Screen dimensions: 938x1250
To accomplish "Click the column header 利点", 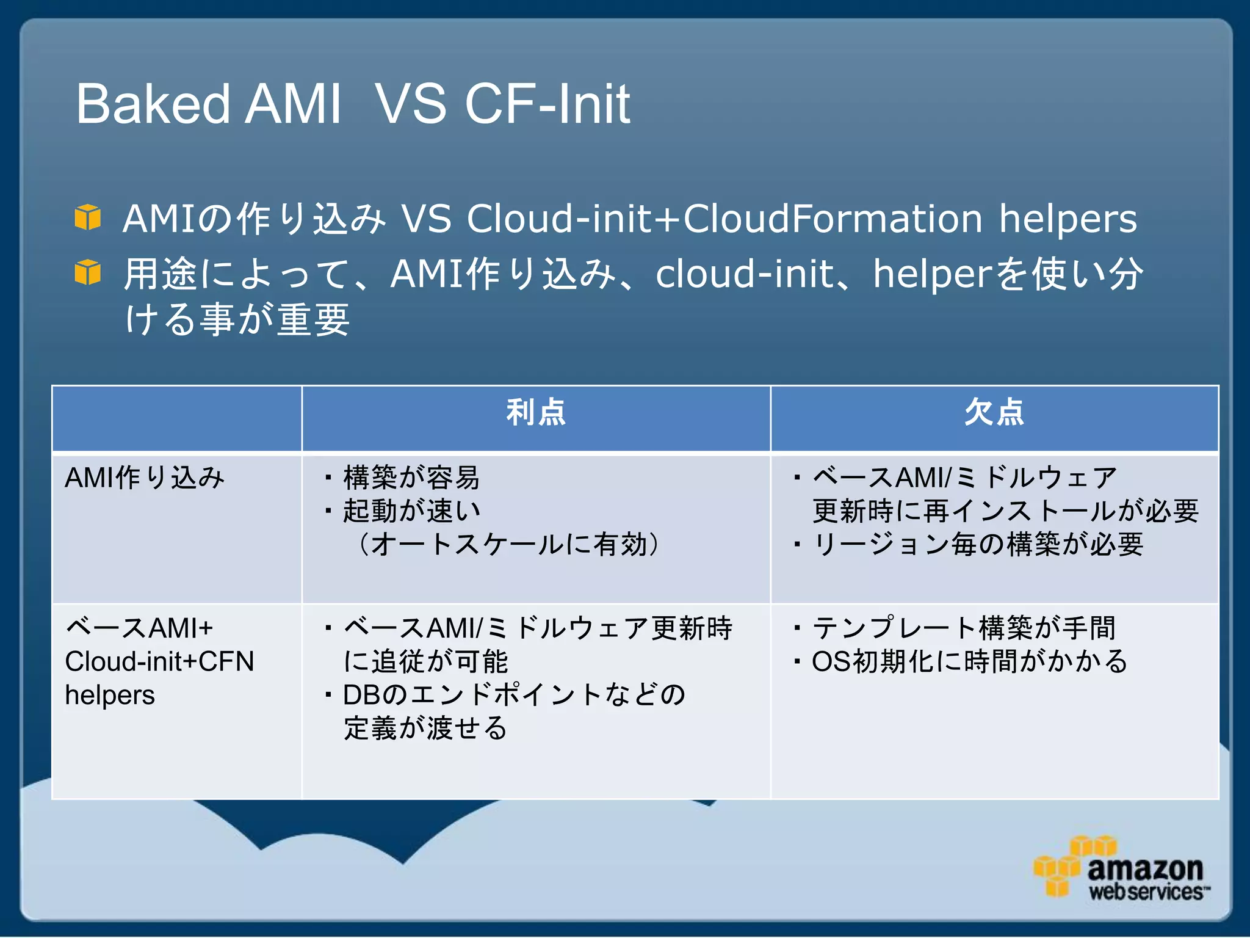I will pyautogui.click(x=536, y=412).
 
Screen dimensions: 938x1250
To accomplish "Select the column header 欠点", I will pyautogui.click(x=994, y=412).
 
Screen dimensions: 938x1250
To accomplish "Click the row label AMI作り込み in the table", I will pyautogui.click(x=145, y=478).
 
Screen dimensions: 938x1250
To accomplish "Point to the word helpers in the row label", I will pyautogui.click(x=110, y=695).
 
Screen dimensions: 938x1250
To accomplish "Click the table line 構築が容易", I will pyautogui.click(x=411, y=478).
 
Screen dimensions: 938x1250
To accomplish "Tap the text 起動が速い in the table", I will pyautogui.click(x=411, y=511).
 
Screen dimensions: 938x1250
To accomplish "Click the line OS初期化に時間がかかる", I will pyautogui.click(x=969, y=661).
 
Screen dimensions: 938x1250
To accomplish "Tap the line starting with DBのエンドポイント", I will pyautogui.click(x=514, y=695).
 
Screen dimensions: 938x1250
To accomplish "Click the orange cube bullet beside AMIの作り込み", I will pyautogui.click(x=87, y=217).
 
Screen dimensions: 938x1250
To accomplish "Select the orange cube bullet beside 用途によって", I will pyautogui.click(x=87, y=272).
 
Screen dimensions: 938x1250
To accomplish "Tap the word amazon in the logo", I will pyautogui.click(x=1145, y=868).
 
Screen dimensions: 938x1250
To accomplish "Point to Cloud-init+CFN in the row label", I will pyautogui.click(x=159, y=661).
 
